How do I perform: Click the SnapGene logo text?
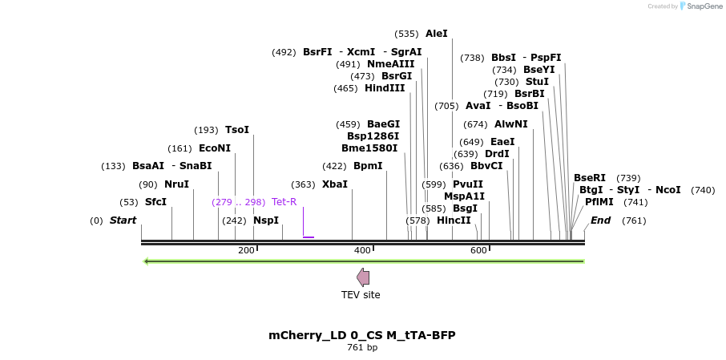point(704,6)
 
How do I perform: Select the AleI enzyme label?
point(437,34)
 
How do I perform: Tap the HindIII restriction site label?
point(385,88)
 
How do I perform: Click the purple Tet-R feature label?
point(284,202)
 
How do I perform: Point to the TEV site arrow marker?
point(363,277)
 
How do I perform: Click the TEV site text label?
point(361,295)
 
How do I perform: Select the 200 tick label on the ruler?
point(246,251)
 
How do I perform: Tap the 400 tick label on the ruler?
point(362,251)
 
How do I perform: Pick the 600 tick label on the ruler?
point(478,251)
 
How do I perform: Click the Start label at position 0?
point(123,220)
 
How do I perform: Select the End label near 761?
point(600,220)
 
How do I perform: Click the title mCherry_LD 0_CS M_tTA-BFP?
point(362,335)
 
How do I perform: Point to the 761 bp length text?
point(362,348)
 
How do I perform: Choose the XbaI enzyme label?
point(335,184)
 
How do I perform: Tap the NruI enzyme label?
point(176,184)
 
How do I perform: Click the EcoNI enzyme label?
point(215,148)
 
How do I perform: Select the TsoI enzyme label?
point(237,130)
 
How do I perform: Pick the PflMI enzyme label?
point(599,202)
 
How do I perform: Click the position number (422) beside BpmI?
point(334,166)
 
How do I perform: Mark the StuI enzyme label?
point(537,82)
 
